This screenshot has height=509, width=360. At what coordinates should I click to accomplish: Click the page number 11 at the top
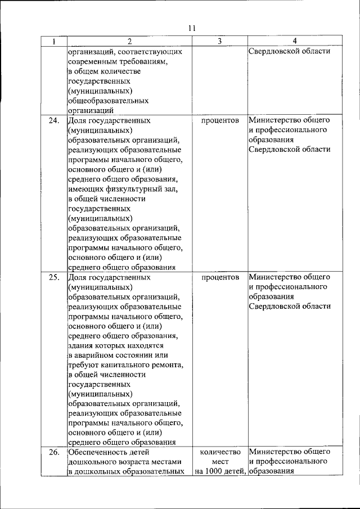click(x=192, y=28)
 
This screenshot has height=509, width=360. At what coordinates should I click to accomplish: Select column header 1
click(x=54, y=41)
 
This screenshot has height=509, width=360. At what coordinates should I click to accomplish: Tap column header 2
click(x=129, y=41)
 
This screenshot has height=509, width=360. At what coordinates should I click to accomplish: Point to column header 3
click(x=219, y=41)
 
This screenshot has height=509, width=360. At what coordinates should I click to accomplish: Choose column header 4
click(x=295, y=41)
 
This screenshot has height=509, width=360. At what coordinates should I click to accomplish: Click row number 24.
click(x=54, y=120)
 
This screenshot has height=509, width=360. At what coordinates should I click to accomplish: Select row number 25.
click(x=54, y=277)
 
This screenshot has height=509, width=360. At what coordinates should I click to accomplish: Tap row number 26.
click(x=54, y=452)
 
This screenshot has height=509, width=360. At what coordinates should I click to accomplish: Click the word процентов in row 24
click(x=219, y=120)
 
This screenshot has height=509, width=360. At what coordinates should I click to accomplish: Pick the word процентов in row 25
click(x=219, y=277)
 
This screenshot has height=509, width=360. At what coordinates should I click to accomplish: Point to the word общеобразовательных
click(x=108, y=101)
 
